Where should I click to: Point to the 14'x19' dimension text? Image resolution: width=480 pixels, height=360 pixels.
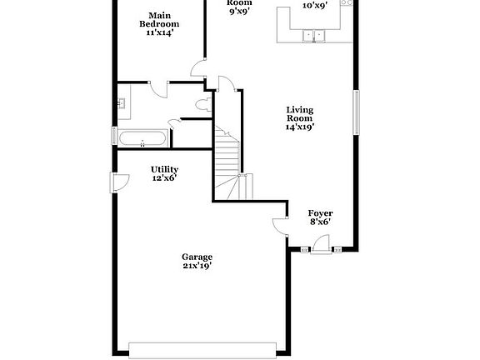pos(300,127)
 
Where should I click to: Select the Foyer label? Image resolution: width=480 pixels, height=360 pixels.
pos(321,212)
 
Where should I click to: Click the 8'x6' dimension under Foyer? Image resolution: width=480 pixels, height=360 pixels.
pos(321,222)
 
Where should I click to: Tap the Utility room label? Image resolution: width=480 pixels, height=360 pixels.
pos(164,169)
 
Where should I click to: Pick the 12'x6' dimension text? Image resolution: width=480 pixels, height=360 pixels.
pos(164,179)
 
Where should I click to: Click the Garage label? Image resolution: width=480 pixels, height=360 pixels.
pos(198,257)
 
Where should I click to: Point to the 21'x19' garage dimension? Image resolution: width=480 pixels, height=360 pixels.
pos(198,267)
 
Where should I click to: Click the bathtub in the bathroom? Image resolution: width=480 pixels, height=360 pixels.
pos(143,139)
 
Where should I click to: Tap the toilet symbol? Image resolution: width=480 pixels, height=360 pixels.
pos(202,104)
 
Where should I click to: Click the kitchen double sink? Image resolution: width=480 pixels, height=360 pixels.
pos(316,35)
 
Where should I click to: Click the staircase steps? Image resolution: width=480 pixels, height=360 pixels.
pos(227,162)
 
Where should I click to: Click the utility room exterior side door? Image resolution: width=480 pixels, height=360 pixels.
pos(117,181)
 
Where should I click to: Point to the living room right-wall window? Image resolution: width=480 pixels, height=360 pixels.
pos(357,112)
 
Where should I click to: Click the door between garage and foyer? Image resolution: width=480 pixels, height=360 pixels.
pos(279,221)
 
